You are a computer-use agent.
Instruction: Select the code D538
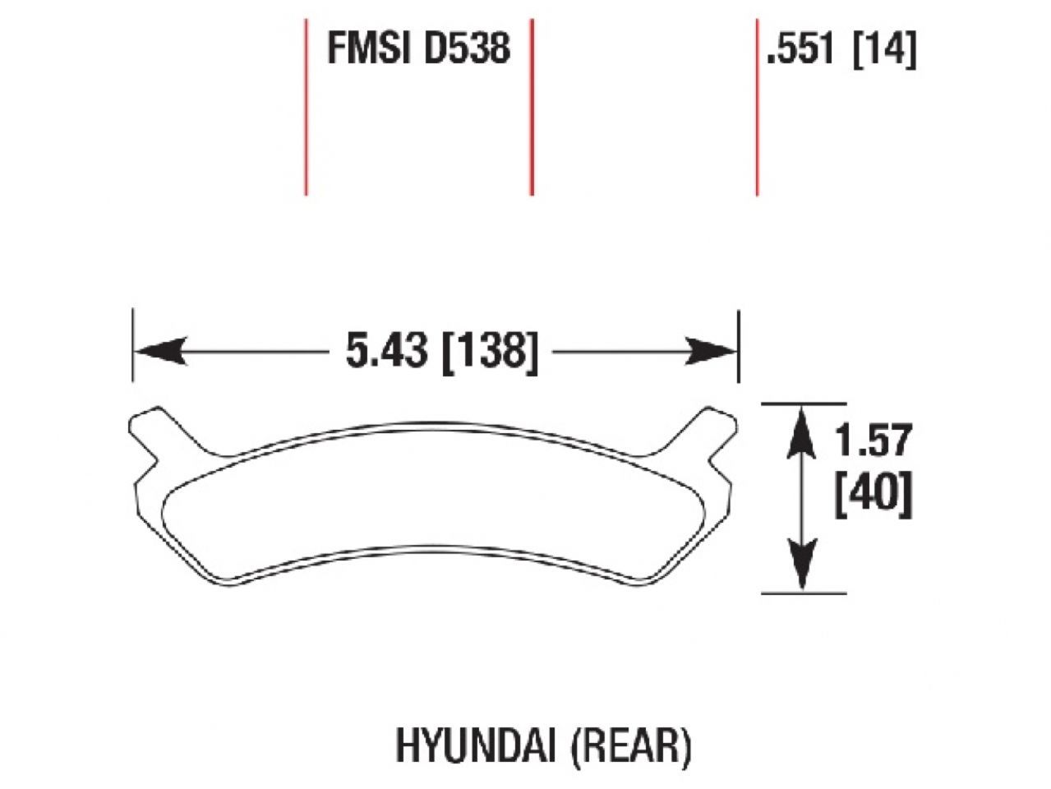pos(467,48)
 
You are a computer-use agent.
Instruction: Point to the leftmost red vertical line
pos(306,107)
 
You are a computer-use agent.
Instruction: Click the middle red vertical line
pos(532,107)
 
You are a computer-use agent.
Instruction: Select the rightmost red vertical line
pos(756,107)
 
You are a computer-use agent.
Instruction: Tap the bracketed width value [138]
pos(490,353)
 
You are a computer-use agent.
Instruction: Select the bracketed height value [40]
pos(873,496)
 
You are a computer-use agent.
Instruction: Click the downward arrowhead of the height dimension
pos(802,566)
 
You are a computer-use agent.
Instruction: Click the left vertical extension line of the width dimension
pos(133,345)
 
